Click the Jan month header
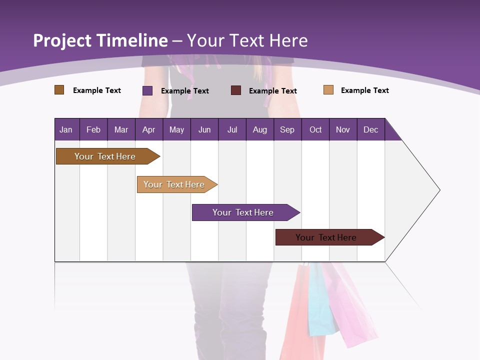(66, 129)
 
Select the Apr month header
(148, 129)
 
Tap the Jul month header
(232, 129)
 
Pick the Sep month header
(287, 129)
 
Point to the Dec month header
(370, 129)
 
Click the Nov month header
(342, 129)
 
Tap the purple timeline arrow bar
(243, 212)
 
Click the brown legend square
(59, 90)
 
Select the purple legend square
(147, 90)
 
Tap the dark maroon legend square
(236, 90)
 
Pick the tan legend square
(328, 90)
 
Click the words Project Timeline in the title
(100, 40)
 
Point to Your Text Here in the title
(247, 40)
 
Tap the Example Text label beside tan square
(364, 90)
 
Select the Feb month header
(93, 129)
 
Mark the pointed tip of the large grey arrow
(439, 190)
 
